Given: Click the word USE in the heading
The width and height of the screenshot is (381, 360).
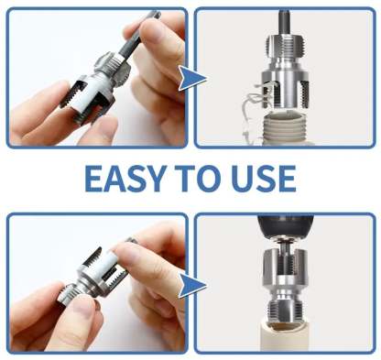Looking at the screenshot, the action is pos(264,179).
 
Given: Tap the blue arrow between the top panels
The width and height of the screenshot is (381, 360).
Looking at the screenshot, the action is pos(192,79).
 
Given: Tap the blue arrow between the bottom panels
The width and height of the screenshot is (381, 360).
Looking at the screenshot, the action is pos(192,286).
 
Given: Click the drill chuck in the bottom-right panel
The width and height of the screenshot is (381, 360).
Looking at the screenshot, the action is pos(284,227).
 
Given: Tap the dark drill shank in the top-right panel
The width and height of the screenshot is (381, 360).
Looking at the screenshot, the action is pos(284,22).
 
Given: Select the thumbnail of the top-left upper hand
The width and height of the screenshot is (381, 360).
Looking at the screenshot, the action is pos(153,29).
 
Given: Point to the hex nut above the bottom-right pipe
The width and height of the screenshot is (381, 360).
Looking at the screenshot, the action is pos(285,309).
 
